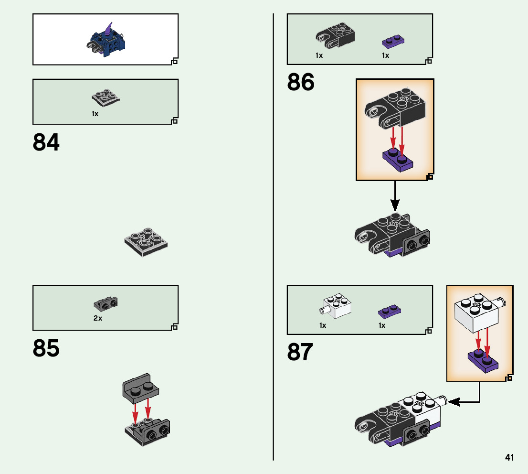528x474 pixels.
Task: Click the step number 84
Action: click(46, 142)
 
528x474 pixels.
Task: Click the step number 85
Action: click(46, 349)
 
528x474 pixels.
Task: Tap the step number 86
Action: click(301, 83)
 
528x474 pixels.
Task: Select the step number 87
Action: click(300, 353)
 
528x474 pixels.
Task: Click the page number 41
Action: click(509, 457)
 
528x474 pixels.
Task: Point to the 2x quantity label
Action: click(98, 318)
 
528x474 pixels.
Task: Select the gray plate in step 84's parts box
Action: click(105, 98)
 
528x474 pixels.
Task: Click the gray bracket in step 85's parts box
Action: click(106, 303)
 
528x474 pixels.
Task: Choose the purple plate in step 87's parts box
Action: click(390, 312)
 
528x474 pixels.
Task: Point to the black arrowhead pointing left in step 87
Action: click(453, 402)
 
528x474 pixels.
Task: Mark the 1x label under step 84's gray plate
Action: click(95, 114)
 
